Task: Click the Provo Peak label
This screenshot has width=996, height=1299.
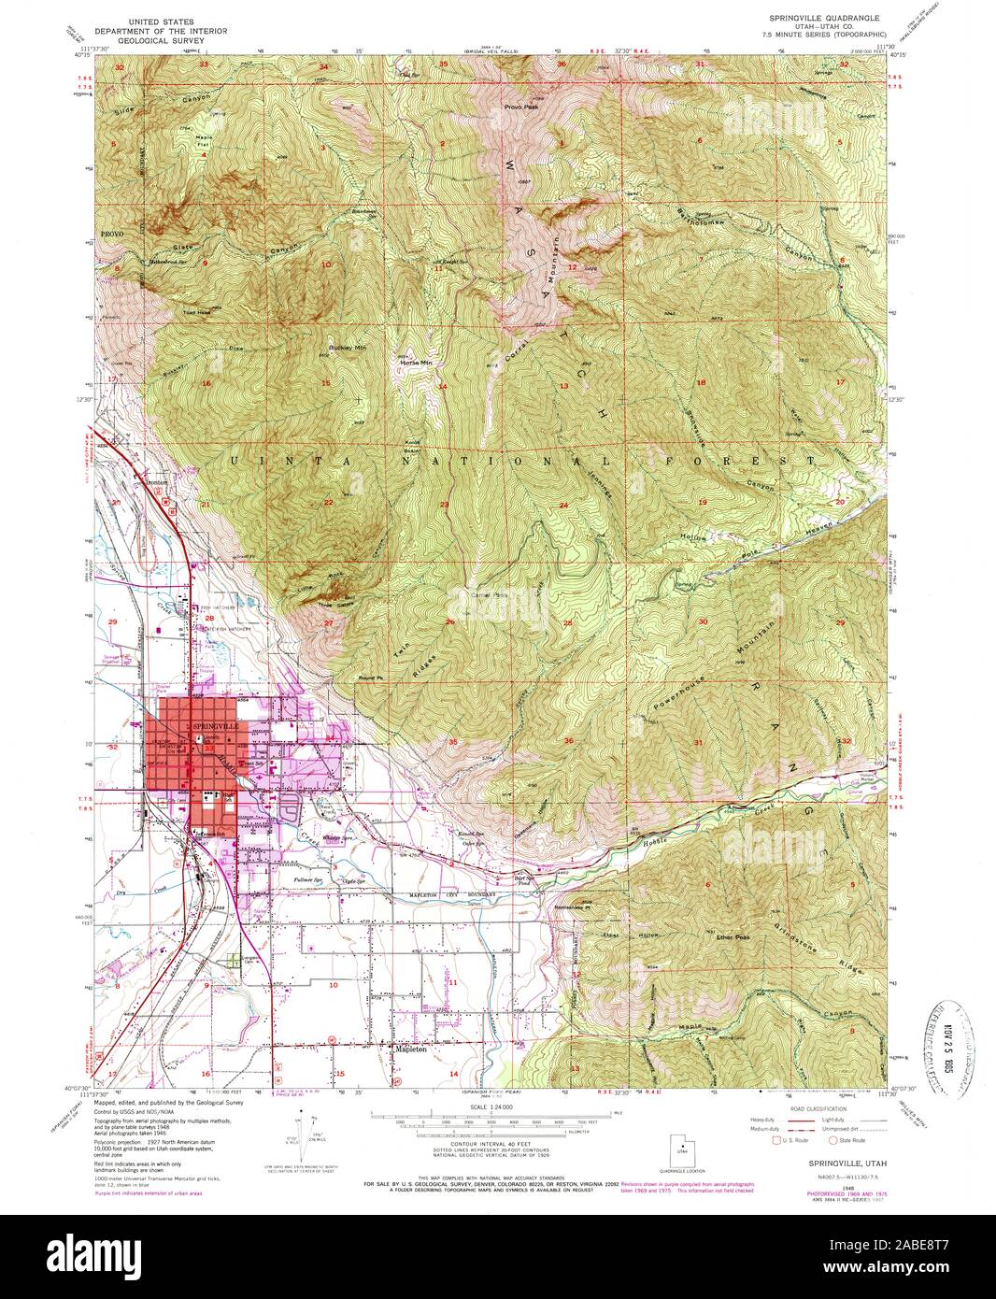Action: coord(520,107)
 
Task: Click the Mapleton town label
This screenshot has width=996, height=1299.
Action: coord(412,1049)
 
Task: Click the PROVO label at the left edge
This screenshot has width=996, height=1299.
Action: coord(113,231)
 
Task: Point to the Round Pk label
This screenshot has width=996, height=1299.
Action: coord(368,678)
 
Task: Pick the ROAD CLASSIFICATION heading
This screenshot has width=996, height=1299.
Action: coord(813,1106)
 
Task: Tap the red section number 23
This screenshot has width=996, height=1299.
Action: coord(445,505)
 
